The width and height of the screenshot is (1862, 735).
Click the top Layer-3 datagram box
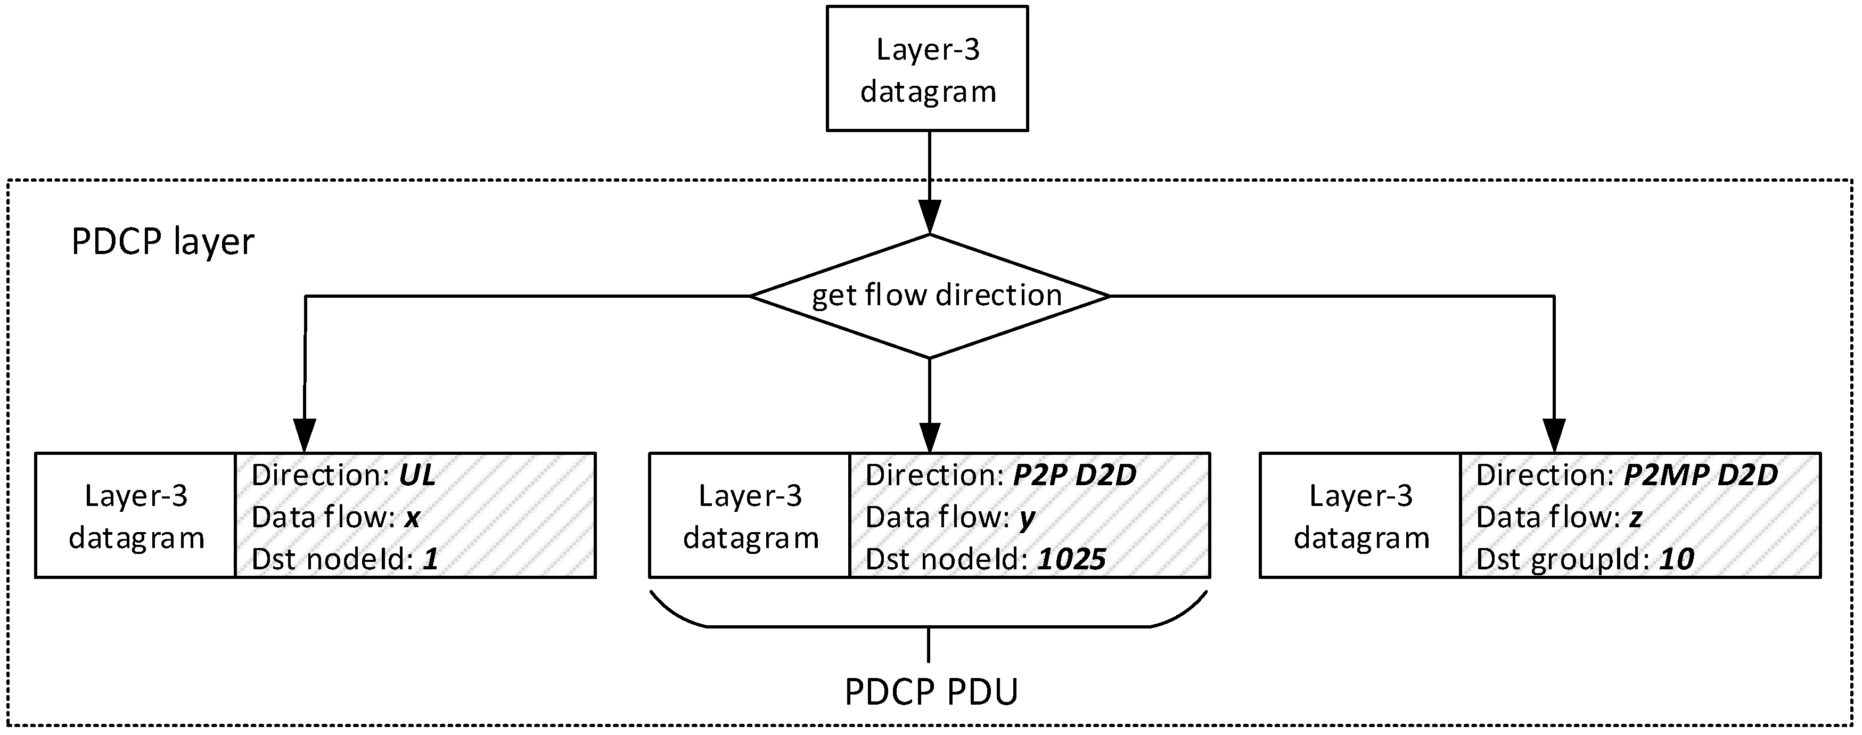[928, 69]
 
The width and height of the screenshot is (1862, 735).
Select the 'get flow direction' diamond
[930, 296]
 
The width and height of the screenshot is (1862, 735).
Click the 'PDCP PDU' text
[931, 691]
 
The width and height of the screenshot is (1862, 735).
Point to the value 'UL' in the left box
[418, 476]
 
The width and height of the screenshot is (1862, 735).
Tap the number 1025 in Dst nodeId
[1072, 559]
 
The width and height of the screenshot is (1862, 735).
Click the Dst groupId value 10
[1676, 559]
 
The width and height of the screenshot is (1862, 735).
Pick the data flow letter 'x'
[412, 518]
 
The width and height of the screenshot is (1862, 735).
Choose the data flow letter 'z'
[1636, 518]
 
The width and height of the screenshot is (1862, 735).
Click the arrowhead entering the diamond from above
[930, 217]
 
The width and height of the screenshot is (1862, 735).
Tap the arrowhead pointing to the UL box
[305, 435]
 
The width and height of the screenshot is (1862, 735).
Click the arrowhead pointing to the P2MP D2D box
[1554, 435]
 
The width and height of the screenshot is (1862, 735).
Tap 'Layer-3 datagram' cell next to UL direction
[136, 516]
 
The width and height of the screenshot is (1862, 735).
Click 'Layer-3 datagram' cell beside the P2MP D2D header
[1361, 516]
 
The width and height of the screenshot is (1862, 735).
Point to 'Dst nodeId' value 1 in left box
[431, 559]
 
